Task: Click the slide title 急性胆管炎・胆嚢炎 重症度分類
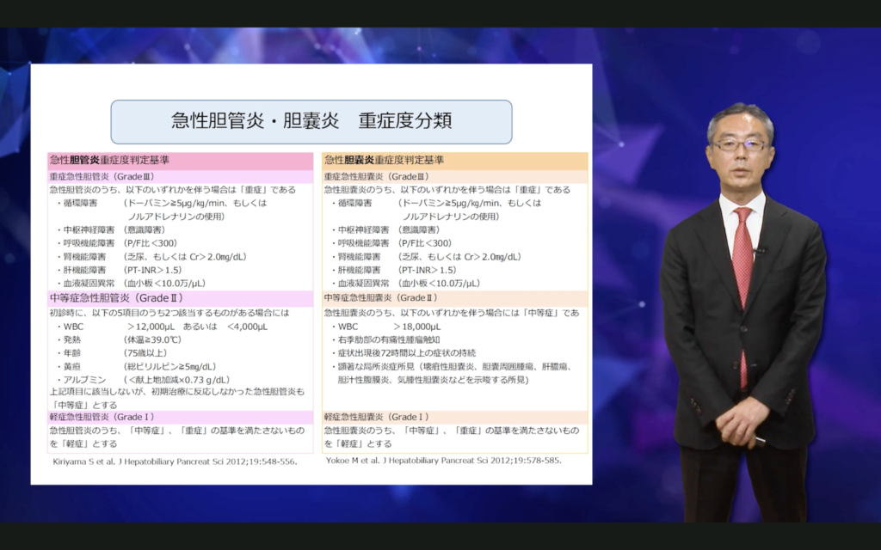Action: coord(311,120)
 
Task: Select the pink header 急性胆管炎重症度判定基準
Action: coord(109,160)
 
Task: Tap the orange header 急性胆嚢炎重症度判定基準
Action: coord(384,160)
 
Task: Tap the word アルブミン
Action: coord(84,379)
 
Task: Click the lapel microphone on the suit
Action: coord(759,251)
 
